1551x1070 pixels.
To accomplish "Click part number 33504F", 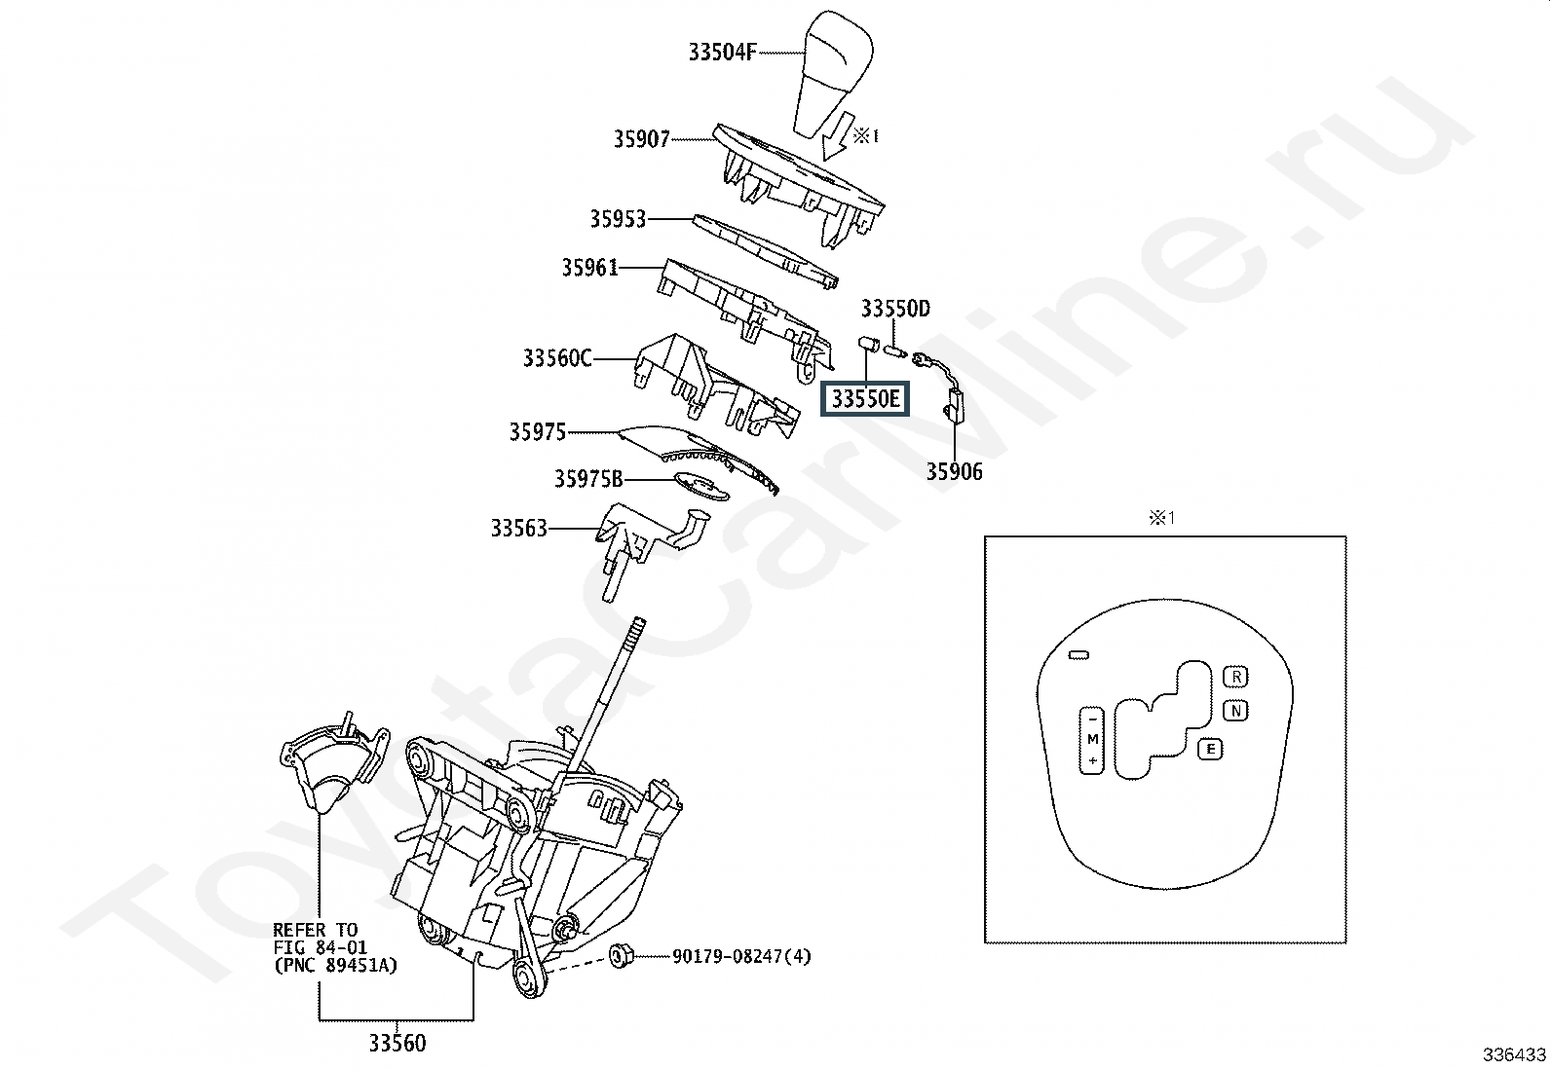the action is point(722,52).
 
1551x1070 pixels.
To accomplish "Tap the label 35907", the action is point(642,139).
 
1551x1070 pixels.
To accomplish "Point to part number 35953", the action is point(618,219).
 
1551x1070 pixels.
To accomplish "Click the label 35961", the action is point(590,267).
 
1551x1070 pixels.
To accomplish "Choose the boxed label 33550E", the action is point(865,399).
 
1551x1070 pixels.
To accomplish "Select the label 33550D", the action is point(895,308).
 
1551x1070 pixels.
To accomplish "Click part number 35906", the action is point(954,471).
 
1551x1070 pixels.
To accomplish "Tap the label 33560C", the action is point(557,358).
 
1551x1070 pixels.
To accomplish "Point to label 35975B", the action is point(588,479).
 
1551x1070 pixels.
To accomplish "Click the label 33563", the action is point(519,528).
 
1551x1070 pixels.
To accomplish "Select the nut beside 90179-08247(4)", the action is point(620,956).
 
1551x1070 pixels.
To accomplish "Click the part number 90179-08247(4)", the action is point(741,956).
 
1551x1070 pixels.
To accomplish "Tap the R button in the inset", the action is point(1235,677).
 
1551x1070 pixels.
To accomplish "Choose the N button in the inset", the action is point(1235,711).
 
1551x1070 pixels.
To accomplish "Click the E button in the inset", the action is point(1210,749).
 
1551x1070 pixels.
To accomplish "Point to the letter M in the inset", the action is point(1093,739).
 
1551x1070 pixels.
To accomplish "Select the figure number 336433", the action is point(1514,1054).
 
